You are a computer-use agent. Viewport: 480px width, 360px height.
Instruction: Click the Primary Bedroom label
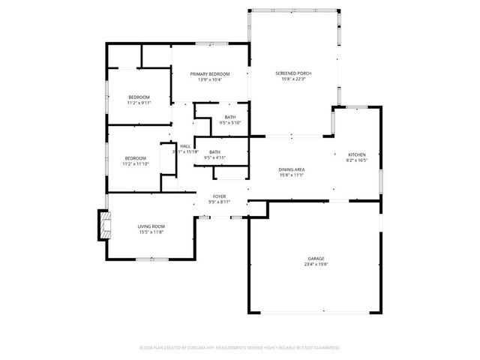tap(209, 73)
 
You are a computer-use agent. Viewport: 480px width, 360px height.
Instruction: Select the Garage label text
tap(316, 259)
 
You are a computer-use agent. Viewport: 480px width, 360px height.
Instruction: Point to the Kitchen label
tap(356, 154)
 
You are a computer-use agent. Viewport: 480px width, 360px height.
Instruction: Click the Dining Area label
tap(291, 169)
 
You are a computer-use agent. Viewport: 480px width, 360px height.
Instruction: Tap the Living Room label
tap(151, 226)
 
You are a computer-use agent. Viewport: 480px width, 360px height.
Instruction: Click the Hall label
tap(184, 146)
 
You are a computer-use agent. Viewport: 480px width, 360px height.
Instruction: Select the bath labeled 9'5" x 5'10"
tap(229, 122)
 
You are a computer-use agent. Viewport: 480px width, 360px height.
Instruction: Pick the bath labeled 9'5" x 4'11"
tap(215, 157)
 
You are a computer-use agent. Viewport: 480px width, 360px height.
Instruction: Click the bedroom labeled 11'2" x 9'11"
tap(139, 103)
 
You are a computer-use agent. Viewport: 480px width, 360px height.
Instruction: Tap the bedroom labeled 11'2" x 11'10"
tap(136, 163)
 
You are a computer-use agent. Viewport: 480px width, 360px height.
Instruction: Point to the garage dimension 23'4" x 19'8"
tap(316, 264)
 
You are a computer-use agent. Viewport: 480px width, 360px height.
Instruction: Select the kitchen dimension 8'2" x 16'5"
tap(356, 160)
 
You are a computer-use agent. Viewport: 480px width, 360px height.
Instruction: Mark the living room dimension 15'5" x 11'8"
tap(151, 232)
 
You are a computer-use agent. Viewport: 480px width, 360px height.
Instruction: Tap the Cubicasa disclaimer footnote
tap(240, 347)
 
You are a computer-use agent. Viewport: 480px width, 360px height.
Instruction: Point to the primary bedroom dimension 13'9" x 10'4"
tap(209, 79)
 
